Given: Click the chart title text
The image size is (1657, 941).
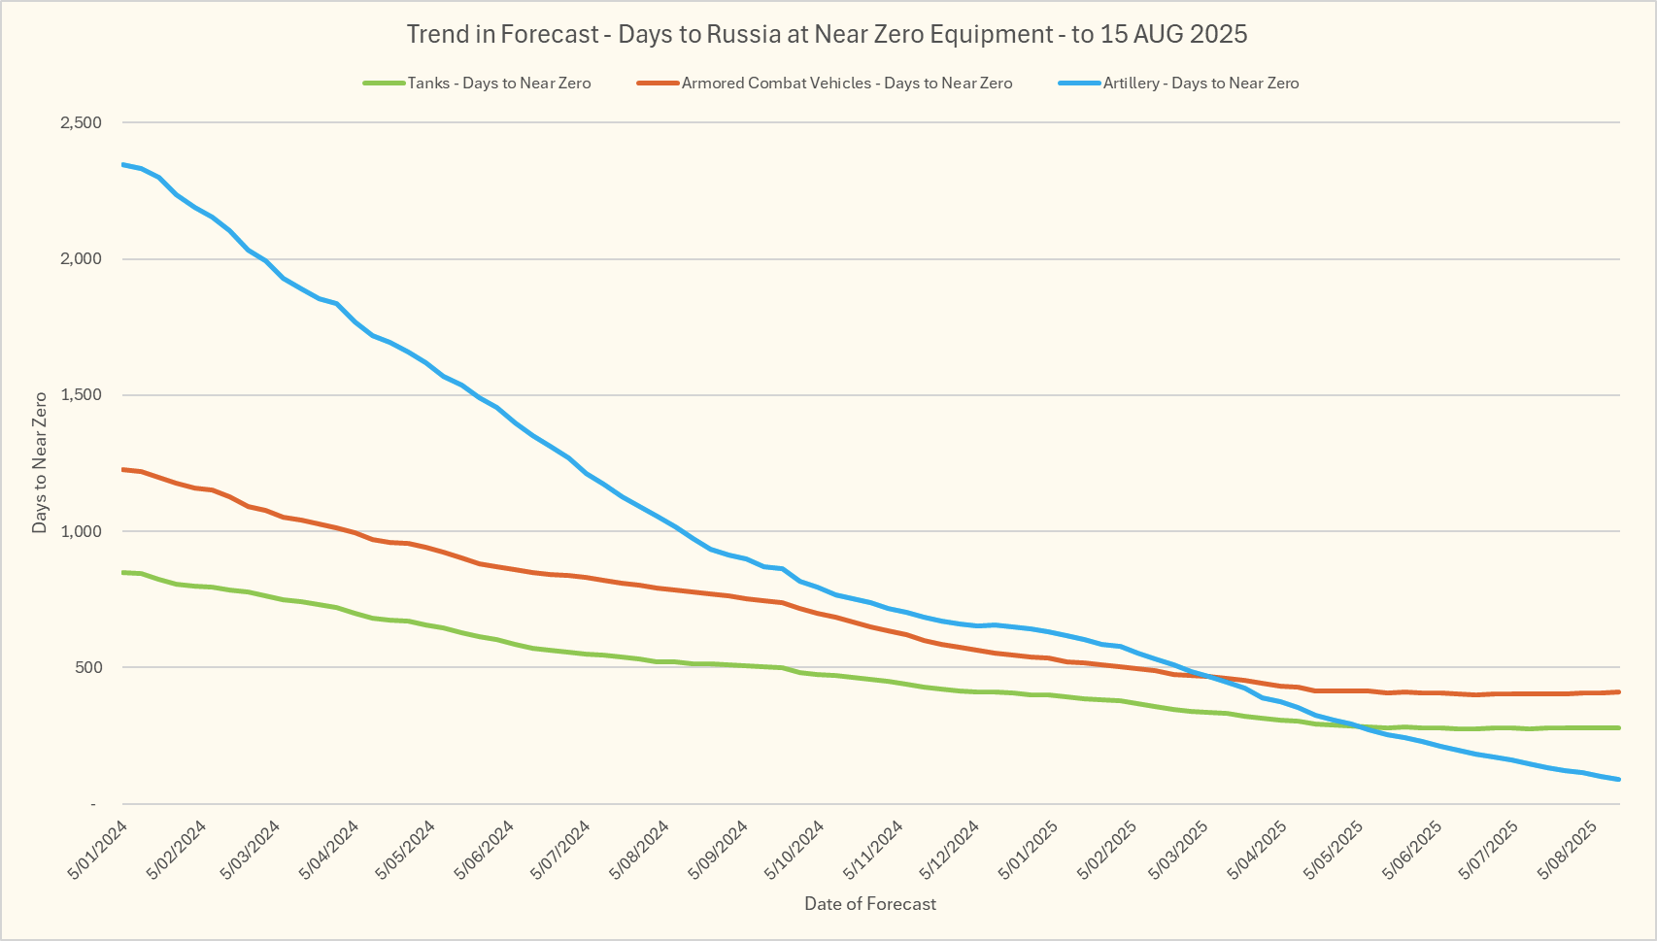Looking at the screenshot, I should click(x=827, y=34).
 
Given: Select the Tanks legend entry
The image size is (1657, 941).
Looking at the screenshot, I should click(x=498, y=84).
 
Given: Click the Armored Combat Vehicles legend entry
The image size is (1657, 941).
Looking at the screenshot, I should click(x=846, y=84).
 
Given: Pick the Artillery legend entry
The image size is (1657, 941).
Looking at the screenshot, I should click(x=1200, y=84).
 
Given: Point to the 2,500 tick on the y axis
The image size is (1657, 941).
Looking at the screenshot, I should click(x=81, y=122).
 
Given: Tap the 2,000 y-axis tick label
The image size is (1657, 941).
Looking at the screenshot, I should click(x=81, y=259).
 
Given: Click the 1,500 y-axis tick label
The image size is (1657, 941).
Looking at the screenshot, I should click(x=81, y=395).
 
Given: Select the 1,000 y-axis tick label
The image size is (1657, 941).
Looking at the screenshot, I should click(x=81, y=531).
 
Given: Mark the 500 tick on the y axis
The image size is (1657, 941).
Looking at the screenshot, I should click(x=87, y=667).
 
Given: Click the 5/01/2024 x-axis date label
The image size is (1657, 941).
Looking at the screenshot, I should click(x=98, y=850).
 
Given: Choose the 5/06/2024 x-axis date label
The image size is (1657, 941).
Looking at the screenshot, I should click(x=484, y=850).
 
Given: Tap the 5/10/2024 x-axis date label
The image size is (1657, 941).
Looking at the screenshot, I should click(x=795, y=850).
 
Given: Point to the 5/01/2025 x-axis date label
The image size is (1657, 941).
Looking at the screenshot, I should click(x=1028, y=850).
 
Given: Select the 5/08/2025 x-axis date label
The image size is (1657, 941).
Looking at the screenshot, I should click(x=1568, y=850).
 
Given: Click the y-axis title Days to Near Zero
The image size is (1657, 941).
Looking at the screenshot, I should click(x=40, y=462).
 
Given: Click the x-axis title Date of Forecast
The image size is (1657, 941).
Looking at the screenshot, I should click(x=870, y=904).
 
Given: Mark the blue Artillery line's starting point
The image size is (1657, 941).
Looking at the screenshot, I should click(x=123, y=164).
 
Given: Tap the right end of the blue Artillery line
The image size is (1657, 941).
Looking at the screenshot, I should click(x=1619, y=779).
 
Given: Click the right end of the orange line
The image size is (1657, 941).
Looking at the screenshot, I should click(x=1619, y=691).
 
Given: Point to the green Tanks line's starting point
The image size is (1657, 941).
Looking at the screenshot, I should click(x=123, y=572).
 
